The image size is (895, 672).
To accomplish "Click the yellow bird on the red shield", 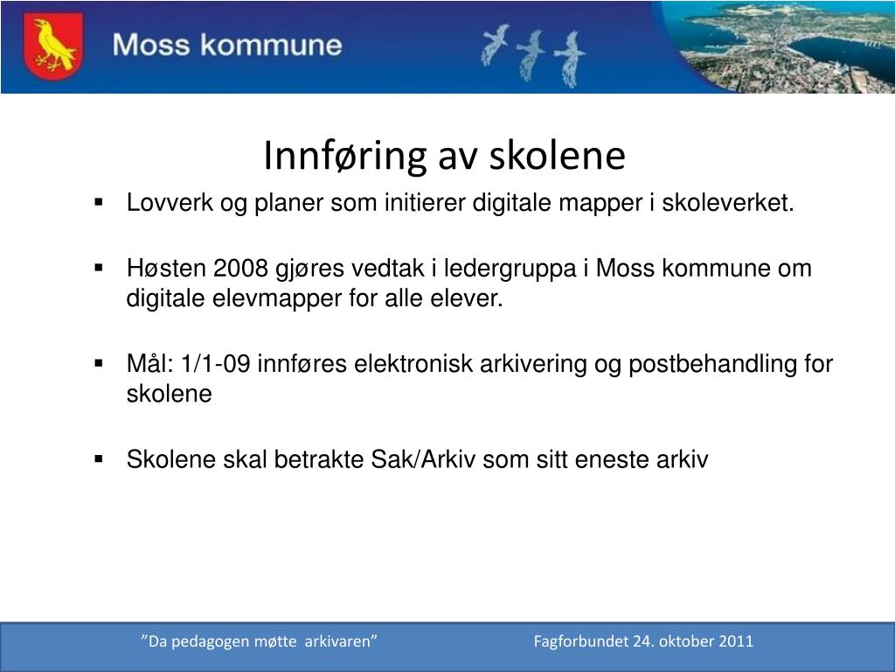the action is [x=53, y=45].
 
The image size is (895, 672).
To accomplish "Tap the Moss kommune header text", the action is [x=227, y=45].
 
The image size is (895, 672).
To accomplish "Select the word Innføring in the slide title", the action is [x=344, y=156].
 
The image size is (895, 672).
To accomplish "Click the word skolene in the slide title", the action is [x=557, y=155].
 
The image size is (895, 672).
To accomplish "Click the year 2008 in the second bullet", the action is [x=240, y=268].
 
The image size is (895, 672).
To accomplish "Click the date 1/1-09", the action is [x=216, y=363].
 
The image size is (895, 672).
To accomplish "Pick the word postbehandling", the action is [x=713, y=364].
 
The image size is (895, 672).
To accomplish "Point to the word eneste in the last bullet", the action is [x=612, y=459].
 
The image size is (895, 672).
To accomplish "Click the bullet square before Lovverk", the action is [x=100, y=202].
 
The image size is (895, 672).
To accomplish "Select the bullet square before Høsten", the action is [x=100, y=267].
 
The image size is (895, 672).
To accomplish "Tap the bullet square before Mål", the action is [x=100, y=363].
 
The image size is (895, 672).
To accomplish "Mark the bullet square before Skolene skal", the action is [x=100, y=458].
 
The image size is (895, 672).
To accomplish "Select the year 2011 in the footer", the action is [x=736, y=641].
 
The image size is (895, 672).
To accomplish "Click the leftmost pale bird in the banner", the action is [x=495, y=44].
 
